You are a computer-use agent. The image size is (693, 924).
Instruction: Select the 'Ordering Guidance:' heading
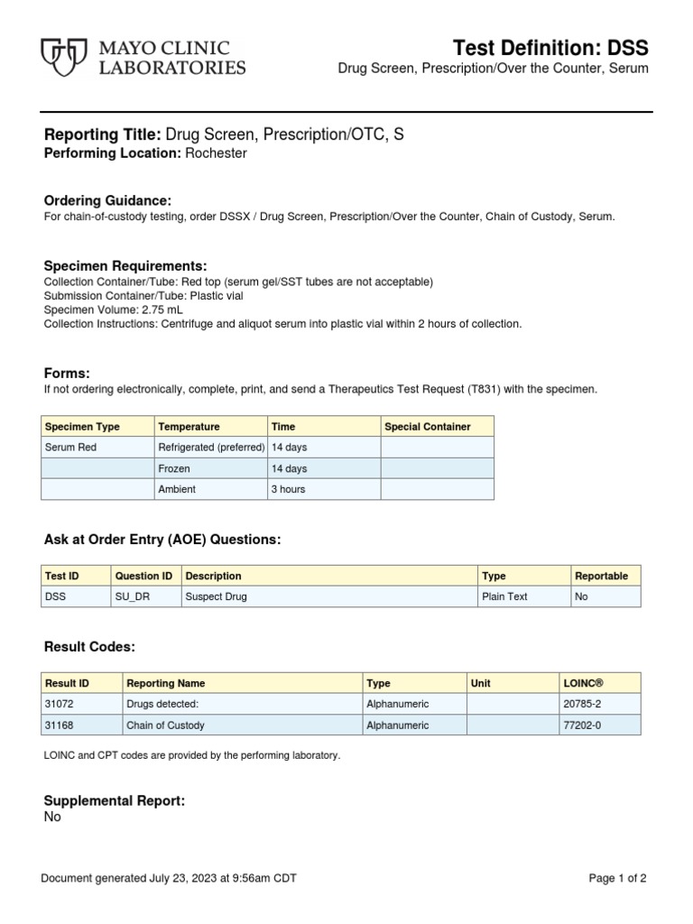tap(107, 200)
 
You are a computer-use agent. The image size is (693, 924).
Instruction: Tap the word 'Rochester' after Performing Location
tap(216, 153)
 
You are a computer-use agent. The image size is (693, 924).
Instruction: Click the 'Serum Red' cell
tap(70, 447)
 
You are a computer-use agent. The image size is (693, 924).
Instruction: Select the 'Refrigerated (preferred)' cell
tap(211, 447)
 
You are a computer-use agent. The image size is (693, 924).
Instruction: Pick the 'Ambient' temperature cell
tap(177, 489)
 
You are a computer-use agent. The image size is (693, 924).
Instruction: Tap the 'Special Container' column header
tap(427, 427)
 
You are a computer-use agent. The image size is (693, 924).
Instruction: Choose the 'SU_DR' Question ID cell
tap(131, 596)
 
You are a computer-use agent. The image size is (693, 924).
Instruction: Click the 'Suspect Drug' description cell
tap(216, 596)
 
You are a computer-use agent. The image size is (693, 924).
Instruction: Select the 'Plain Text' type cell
tap(505, 596)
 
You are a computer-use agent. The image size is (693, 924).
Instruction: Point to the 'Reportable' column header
tap(601, 576)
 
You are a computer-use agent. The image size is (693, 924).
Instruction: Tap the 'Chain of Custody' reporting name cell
tap(165, 725)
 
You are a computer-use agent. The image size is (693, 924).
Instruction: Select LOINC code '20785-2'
tap(582, 704)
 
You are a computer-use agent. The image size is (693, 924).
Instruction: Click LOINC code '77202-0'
tap(582, 725)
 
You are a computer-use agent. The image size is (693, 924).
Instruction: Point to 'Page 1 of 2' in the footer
tap(617, 878)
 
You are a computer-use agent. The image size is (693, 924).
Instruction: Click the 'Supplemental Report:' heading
tap(115, 800)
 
